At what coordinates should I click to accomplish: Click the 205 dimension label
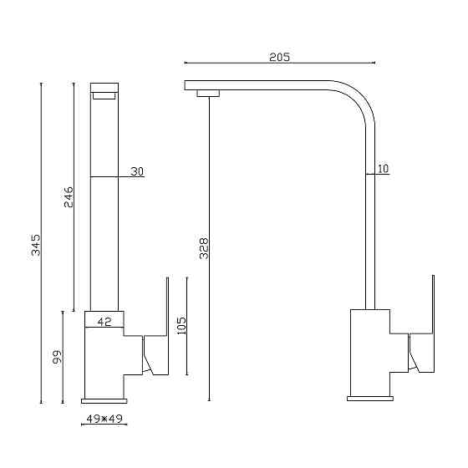pos(279,57)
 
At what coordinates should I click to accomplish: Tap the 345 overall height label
pos(36,245)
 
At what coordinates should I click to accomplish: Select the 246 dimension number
pos(69,197)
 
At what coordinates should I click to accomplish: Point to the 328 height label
pos(204,248)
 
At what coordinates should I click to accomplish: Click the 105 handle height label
pos(181,326)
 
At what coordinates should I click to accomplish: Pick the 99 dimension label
pos(57,357)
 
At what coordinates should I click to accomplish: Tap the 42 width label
pos(104,322)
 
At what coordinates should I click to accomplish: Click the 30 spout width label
pos(137,171)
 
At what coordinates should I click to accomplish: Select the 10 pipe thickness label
pos(384,169)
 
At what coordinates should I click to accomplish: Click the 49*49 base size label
pos(104,419)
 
